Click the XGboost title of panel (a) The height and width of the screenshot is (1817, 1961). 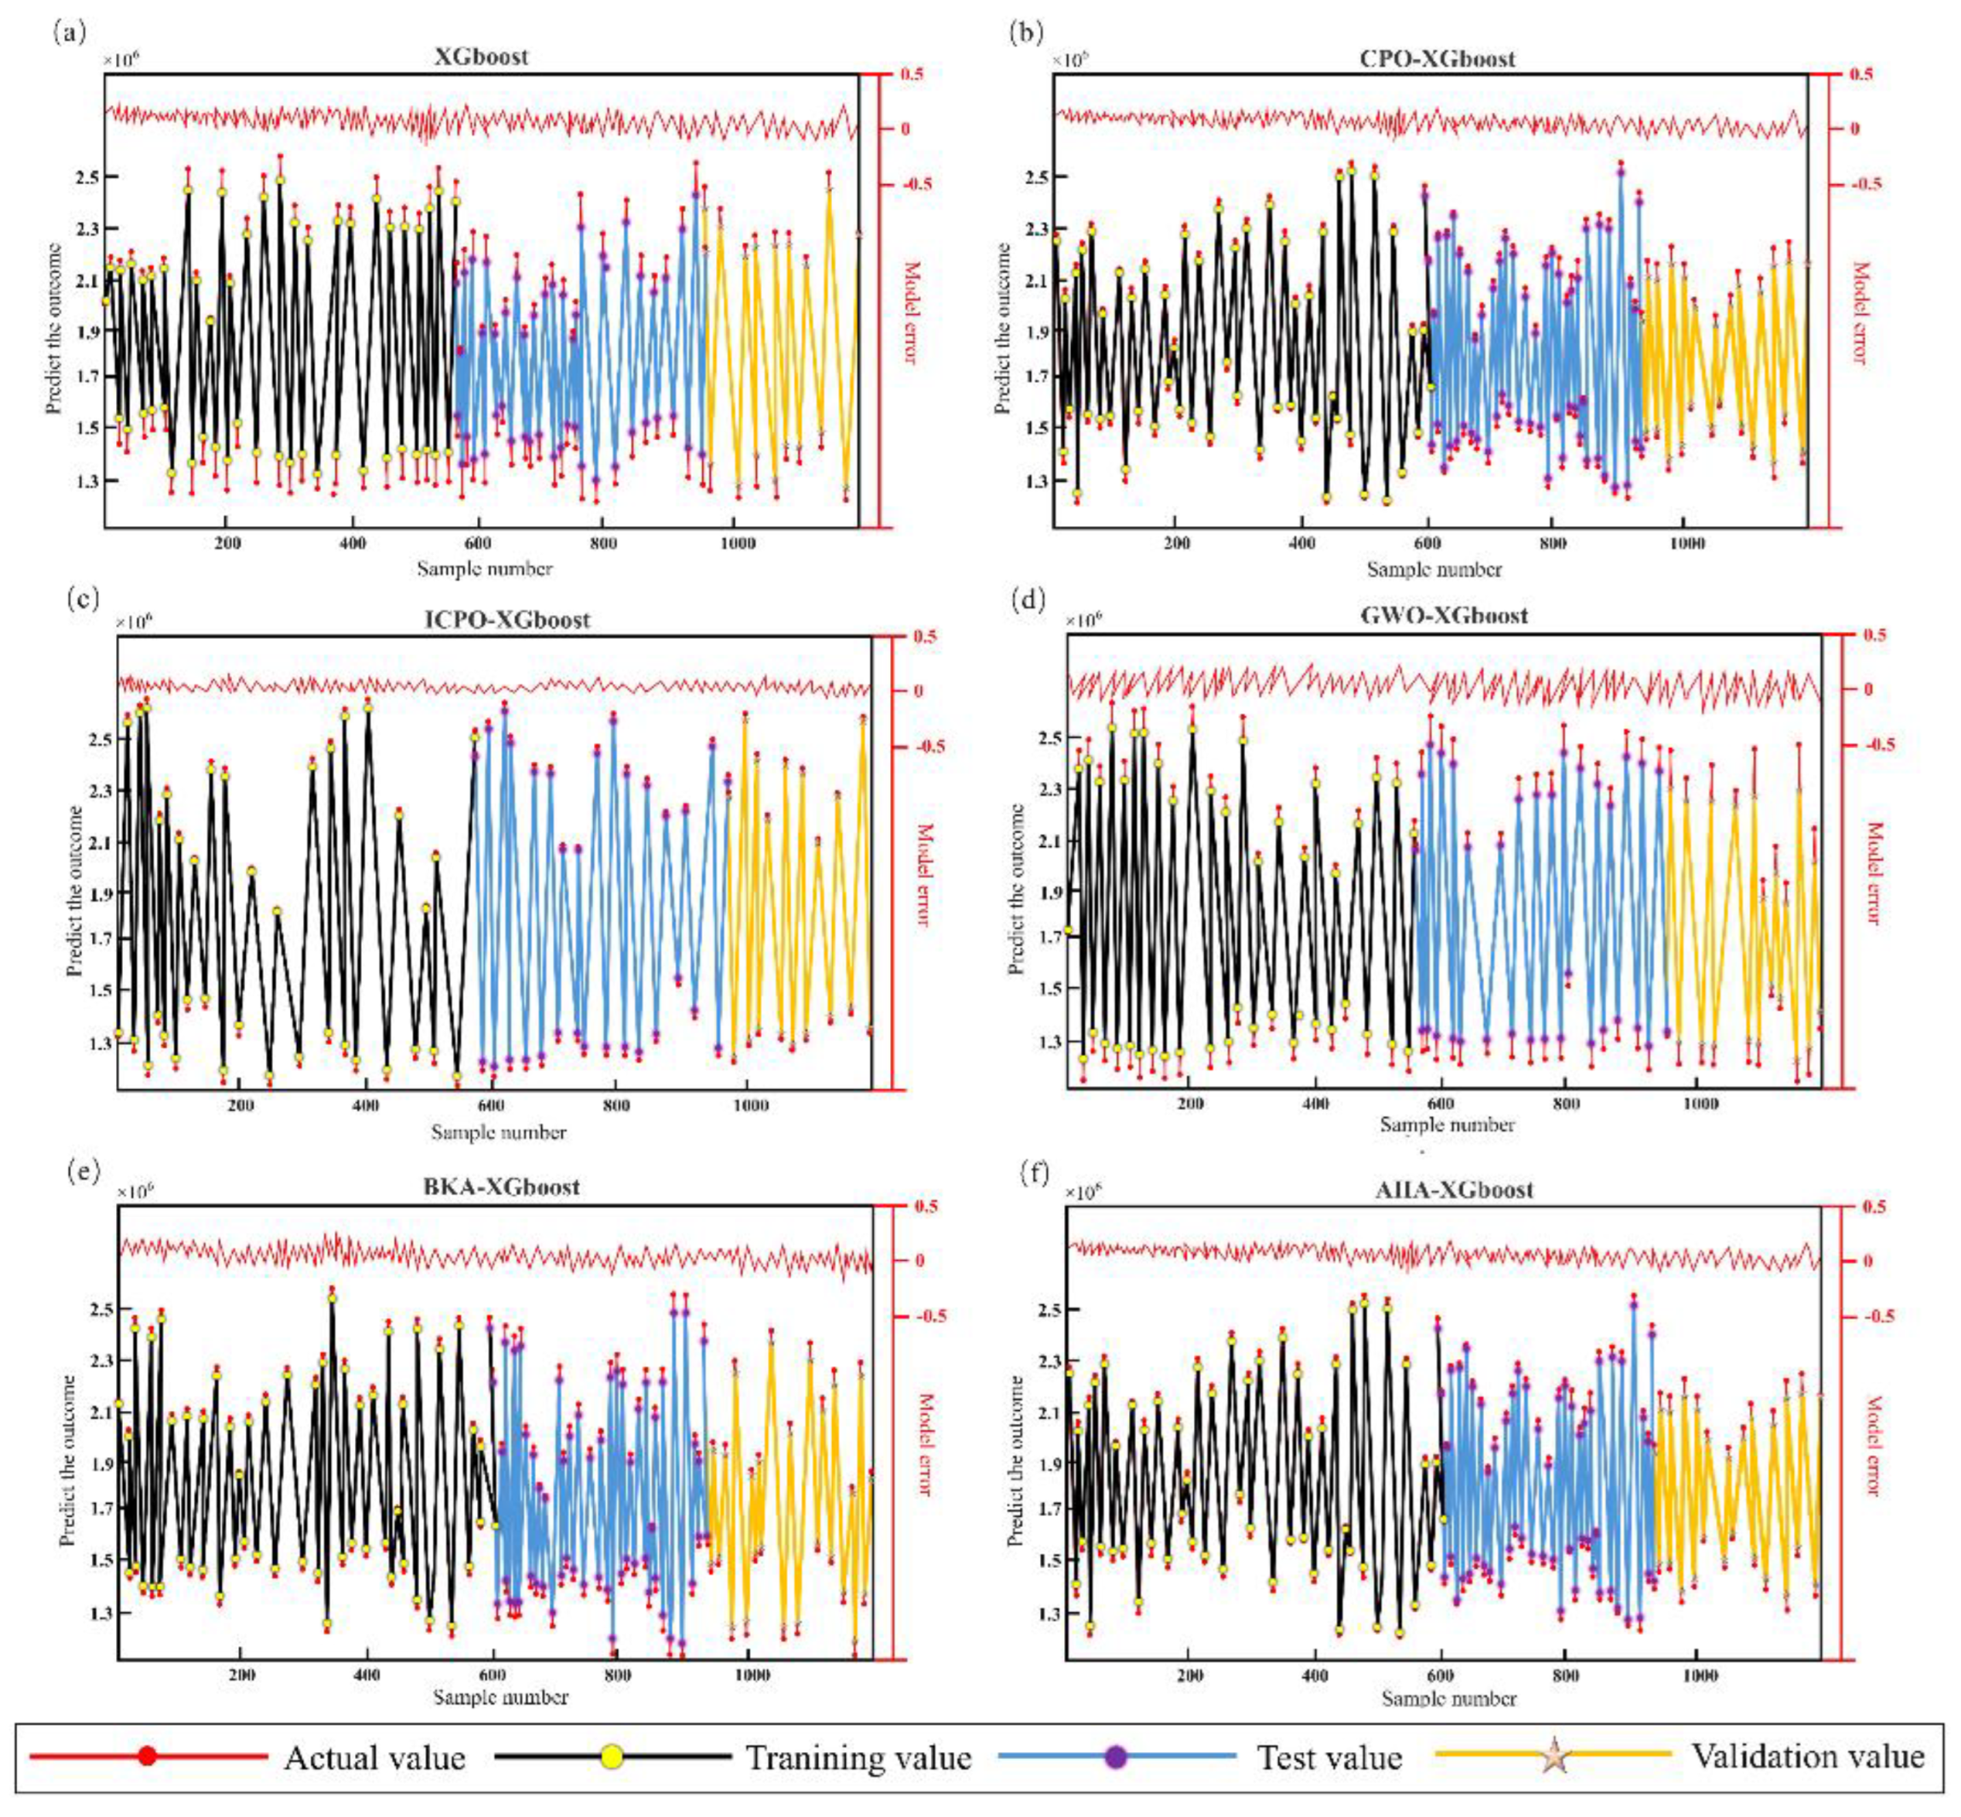[x=481, y=56]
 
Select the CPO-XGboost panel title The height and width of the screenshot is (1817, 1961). [x=1437, y=58]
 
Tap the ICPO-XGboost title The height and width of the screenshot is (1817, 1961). [x=508, y=619]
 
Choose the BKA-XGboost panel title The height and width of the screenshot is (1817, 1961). [x=501, y=1186]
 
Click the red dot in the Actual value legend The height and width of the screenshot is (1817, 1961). [x=148, y=1755]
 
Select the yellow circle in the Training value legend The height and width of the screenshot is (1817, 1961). [x=612, y=1755]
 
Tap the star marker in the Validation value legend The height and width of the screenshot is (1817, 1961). [x=1554, y=1755]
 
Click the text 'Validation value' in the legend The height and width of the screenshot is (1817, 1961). [x=1807, y=1755]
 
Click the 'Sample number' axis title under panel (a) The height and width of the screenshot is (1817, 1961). [x=484, y=568]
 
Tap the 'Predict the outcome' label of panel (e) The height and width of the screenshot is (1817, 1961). [x=68, y=1460]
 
